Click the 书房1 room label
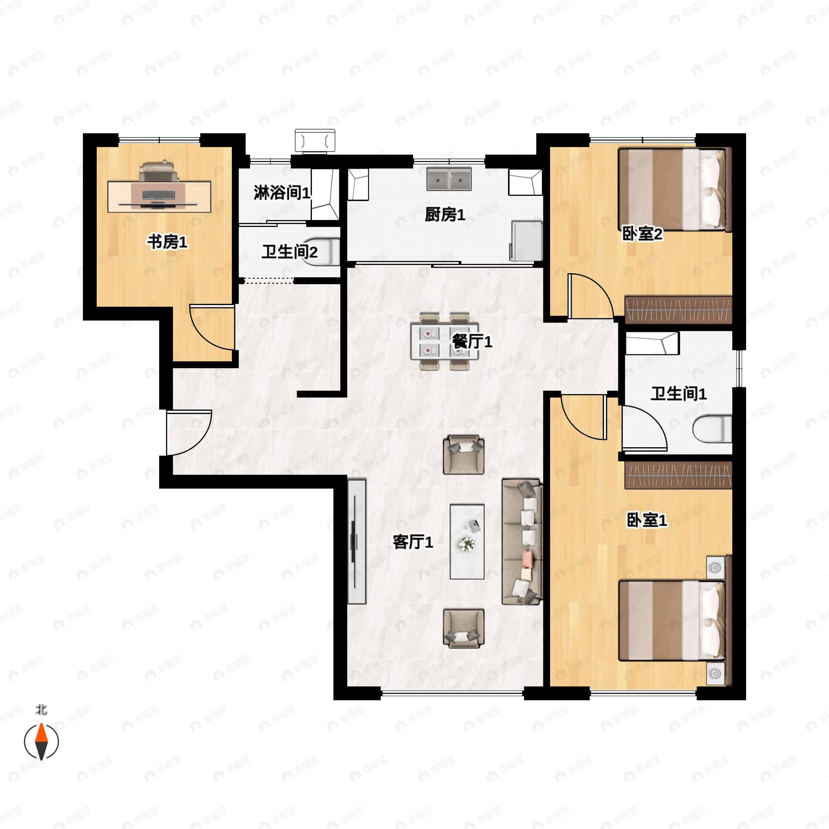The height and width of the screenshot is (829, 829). click(x=167, y=242)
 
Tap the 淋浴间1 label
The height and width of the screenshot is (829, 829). click(x=282, y=193)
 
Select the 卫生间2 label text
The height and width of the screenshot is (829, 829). click(x=290, y=251)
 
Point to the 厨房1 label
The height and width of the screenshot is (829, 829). click(x=445, y=214)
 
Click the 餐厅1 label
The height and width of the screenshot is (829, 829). click(x=472, y=342)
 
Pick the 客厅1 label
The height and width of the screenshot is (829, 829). click(x=413, y=542)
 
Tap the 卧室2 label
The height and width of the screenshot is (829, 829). click(x=642, y=234)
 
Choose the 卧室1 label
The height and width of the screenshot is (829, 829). click(x=647, y=521)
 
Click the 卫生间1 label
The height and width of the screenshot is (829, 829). click(x=678, y=393)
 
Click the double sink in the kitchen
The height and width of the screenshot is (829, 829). click(x=449, y=179)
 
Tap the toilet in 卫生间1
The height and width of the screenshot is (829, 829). click(x=712, y=428)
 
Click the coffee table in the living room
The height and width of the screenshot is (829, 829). click(x=467, y=542)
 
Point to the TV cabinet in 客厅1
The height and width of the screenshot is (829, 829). click(x=356, y=542)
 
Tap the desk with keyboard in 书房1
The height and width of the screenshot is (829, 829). click(x=159, y=197)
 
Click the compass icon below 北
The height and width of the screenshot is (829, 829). click(x=41, y=742)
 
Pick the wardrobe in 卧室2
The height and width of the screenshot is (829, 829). click(x=678, y=309)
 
